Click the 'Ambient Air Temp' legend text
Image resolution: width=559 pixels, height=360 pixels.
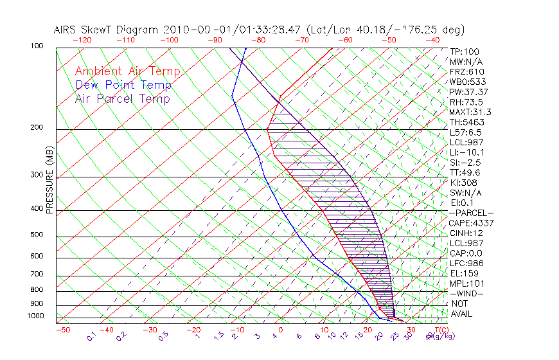coord(127,71)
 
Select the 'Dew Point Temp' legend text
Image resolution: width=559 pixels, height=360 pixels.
coord(123,85)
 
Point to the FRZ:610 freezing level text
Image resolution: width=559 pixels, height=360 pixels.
coord(467,72)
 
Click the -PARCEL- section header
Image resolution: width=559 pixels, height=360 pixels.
coord(471,213)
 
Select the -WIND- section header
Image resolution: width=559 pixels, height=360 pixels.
coord(466,293)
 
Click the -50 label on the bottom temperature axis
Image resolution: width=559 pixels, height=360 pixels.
coord(62,330)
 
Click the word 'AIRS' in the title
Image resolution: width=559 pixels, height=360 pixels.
coord(66,30)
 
